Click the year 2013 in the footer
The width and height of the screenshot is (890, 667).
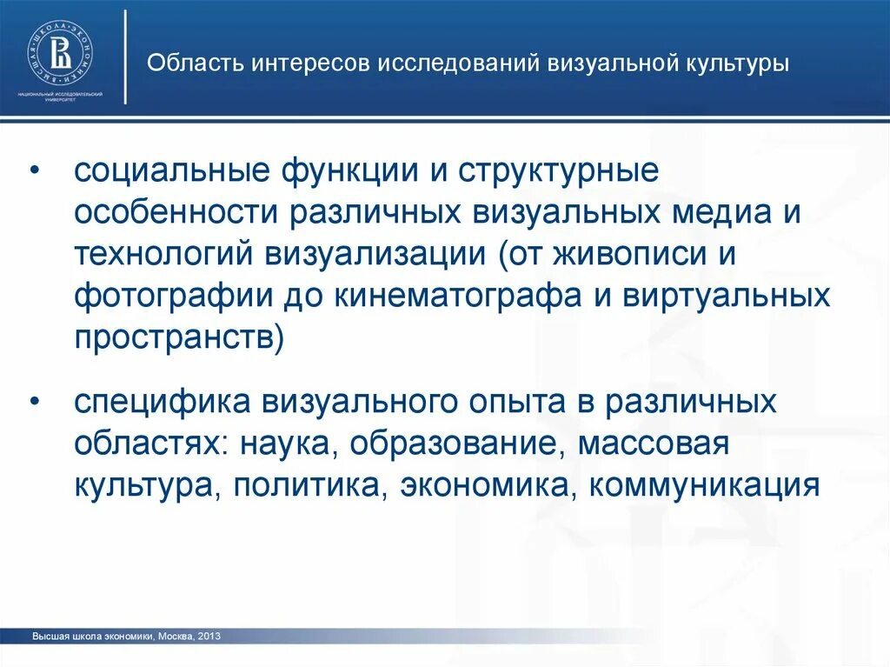pyautogui.click(x=209, y=637)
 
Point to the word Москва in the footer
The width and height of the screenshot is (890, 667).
pyautogui.click(x=176, y=637)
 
